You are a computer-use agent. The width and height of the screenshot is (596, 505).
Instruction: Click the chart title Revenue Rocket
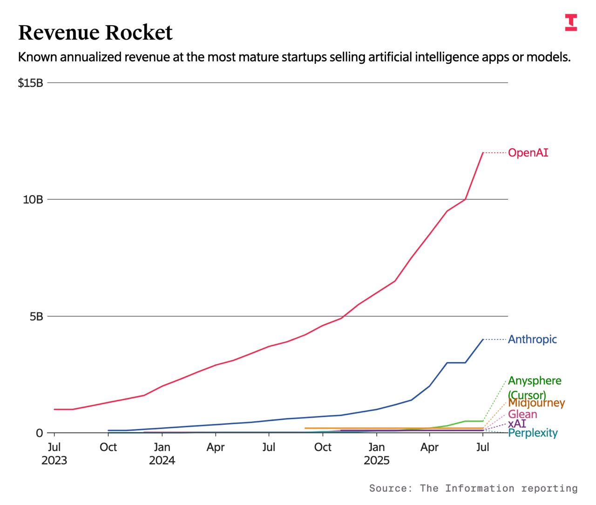[95, 33]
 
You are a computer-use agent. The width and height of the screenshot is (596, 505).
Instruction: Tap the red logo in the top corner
[571, 22]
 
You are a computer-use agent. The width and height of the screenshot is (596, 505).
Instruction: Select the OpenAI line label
[528, 153]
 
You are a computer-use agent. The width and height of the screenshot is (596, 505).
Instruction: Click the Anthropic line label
[532, 339]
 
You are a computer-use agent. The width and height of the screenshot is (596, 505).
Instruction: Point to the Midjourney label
[536, 403]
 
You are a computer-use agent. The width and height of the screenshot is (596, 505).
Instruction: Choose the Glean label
[522, 414]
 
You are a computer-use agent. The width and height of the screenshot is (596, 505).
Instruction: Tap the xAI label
[517, 424]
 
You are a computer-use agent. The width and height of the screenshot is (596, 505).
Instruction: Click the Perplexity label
[533, 433]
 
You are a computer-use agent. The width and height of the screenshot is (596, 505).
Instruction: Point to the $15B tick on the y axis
[30, 83]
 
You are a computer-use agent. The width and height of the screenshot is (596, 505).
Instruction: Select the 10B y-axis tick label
[33, 199]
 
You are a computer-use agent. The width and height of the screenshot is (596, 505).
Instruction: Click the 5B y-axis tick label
[35, 316]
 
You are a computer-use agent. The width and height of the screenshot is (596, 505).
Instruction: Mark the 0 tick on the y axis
[39, 433]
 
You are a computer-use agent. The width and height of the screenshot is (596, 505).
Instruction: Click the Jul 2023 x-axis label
[54, 454]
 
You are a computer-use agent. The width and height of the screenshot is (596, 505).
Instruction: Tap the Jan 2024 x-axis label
[162, 454]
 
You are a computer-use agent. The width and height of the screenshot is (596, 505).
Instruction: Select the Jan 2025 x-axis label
[376, 454]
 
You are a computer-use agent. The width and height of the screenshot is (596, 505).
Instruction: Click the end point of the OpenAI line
[483, 153]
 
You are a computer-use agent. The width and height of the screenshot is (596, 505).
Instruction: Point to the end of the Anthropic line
[483, 339]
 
